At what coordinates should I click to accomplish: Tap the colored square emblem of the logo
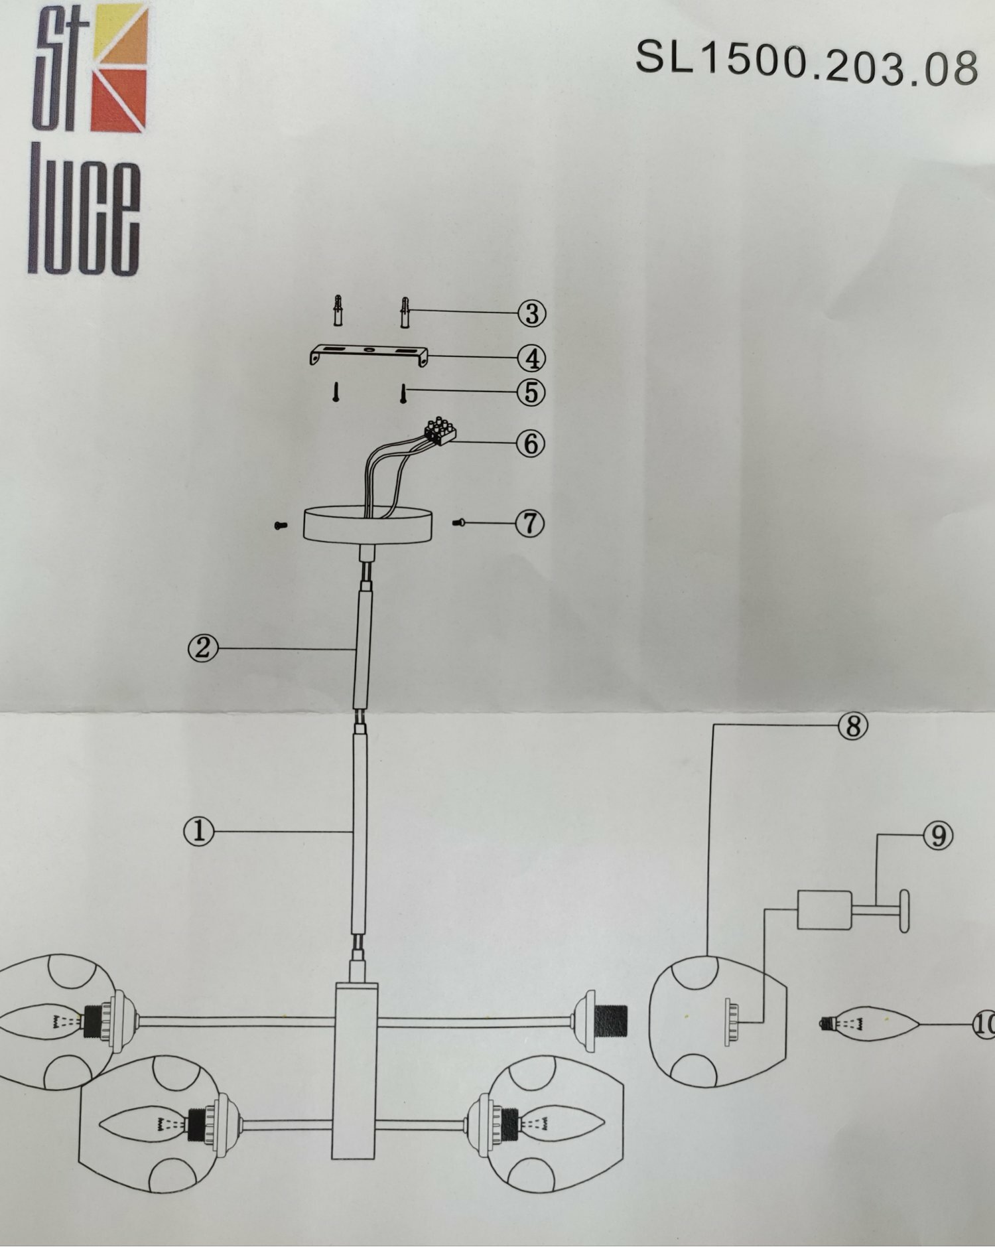pyautogui.click(x=118, y=68)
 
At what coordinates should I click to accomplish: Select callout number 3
pyautogui.click(x=532, y=313)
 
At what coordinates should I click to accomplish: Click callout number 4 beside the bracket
pyautogui.click(x=532, y=358)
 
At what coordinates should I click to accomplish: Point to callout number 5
pyautogui.click(x=531, y=392)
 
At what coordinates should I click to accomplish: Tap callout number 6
pyautogui.click(x=531, y=443)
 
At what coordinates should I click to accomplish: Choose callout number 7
pyautogui.click(x=530, y=524)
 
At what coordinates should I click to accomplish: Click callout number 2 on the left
pyautogui.click(x=202, y=648)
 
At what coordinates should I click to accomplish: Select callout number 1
pyautogui.click(x=199, y=831)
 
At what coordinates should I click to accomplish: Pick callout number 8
pyautogui.click(x=853, y=726)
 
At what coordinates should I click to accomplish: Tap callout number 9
pyautogui.click(x=938, y=836)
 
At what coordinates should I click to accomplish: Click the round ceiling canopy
pyautogui.click(x=367, y=524)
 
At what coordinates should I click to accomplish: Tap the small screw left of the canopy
pyautogui.click(x=281, y=525)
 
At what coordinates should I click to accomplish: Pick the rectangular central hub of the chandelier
pyautogui.click(x=355, y=1070)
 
